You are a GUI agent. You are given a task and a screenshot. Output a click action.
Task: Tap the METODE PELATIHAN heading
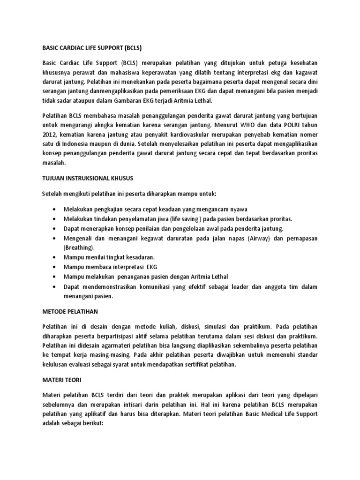(71, 312)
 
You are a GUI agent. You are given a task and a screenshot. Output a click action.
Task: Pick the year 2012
(49, 136)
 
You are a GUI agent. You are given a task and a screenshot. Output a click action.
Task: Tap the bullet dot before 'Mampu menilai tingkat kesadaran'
(56, 258)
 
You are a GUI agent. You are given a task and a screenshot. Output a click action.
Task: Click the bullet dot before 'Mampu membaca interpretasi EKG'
(56, 267)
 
